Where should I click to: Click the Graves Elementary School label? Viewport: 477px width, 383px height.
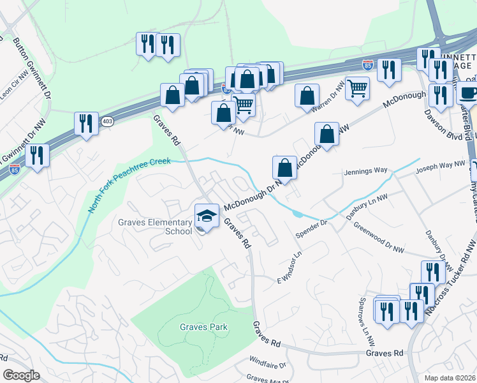(x=154, y=227)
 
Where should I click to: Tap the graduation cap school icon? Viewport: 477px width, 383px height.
(x=207, y=215)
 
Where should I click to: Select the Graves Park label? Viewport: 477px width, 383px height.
(x=203, y=327)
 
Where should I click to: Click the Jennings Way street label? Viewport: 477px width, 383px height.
(x=365, y=171)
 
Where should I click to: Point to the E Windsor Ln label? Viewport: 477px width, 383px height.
(x=289, y=271)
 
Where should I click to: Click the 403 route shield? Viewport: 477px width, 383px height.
(x=107, y=121)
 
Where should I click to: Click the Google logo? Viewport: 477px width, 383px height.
(x=21, y=375)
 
